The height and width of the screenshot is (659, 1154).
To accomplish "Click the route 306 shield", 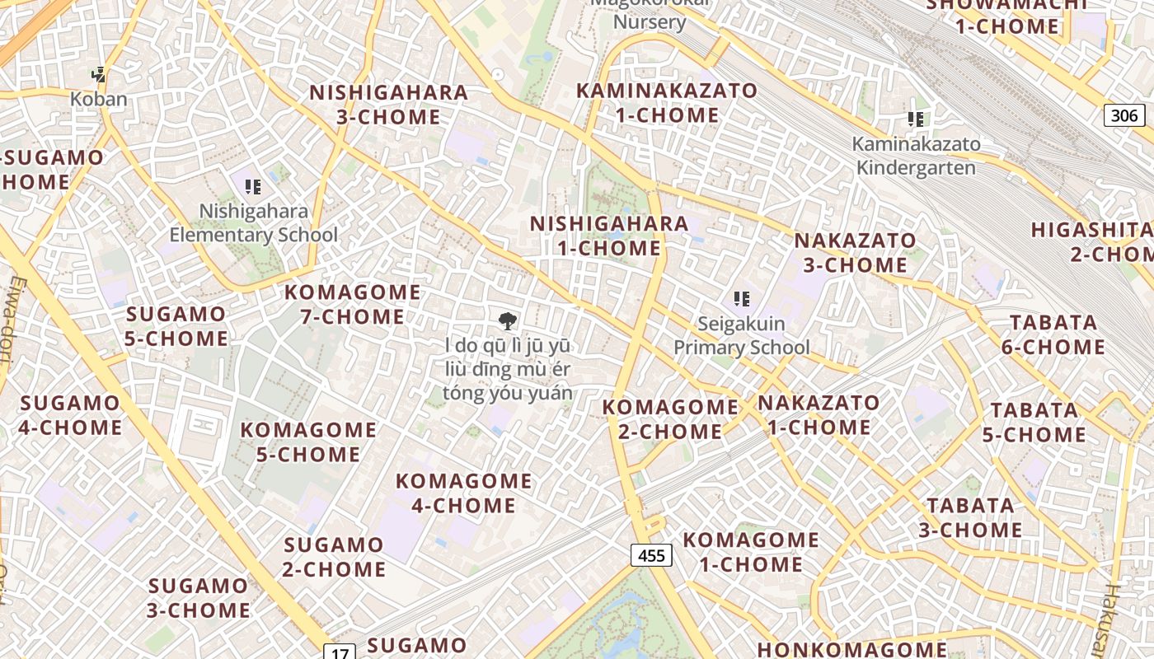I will (1124, 115).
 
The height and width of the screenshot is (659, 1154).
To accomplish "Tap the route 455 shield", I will (651, 555).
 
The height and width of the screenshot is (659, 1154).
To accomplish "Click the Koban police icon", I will (99, 75).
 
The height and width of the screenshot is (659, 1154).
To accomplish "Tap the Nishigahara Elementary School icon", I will (253, 187).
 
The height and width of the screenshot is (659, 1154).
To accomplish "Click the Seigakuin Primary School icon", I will (742, 298).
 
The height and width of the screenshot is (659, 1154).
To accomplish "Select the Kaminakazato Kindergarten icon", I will (916, 119).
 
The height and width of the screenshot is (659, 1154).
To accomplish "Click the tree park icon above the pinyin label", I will (508, 320).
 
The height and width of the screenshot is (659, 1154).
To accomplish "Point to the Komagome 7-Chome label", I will (352, 304).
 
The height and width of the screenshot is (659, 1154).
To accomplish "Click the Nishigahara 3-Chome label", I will (388, 105).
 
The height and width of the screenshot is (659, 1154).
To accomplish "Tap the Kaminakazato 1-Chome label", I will (666, 103).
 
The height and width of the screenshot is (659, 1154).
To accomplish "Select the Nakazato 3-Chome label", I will (855, 253).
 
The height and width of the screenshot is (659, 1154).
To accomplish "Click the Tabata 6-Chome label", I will (1053, 334).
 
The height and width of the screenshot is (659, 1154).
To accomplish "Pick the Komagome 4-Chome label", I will (463, 493).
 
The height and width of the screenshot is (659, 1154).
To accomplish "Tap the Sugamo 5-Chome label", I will (176, 326).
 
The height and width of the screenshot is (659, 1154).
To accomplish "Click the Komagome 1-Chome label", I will (750, 552).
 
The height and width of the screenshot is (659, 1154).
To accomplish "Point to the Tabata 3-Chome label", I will (970, 517).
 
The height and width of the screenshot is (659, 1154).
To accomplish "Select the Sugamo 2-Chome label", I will (334, 557).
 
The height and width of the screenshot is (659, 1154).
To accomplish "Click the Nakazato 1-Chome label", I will (819, 414).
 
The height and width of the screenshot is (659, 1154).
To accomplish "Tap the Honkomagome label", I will (851, 649).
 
